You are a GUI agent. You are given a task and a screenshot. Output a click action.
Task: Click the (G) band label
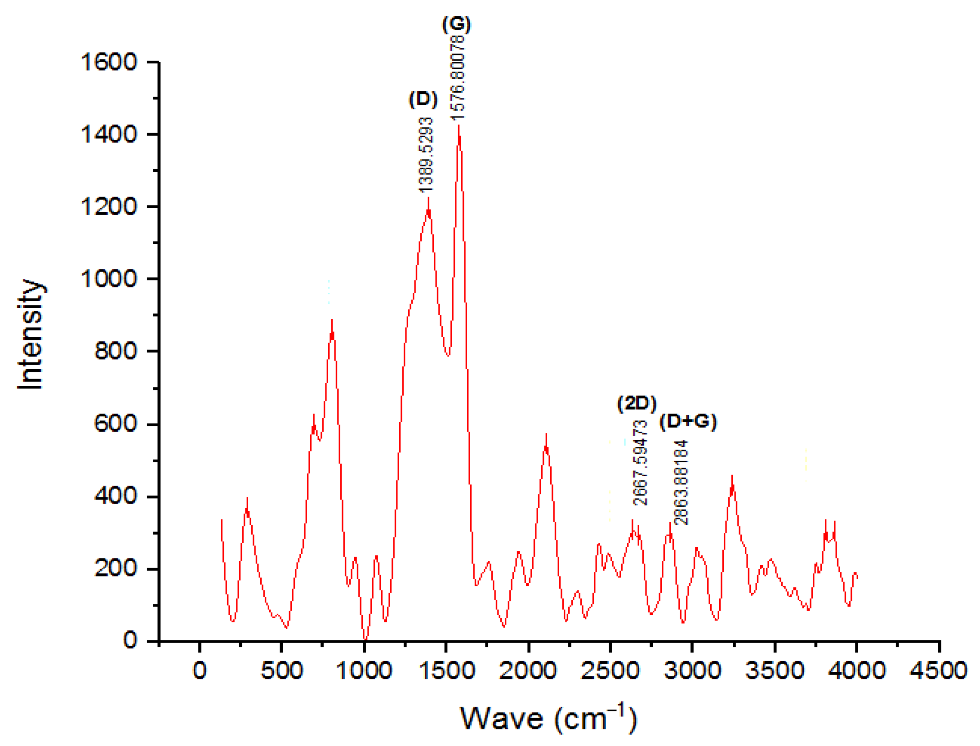pyautogui.click(x=456, y=24)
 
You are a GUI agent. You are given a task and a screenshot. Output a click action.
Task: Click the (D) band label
pyautogui.click(x=423, y=99)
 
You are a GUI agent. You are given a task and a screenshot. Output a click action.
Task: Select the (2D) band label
pyautogui.click(x=636, y=403)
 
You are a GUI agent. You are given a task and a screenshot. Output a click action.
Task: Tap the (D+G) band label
pyautogui.click(x=687, y=421)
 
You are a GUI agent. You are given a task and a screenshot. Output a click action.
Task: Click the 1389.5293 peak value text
pyautogui.click(x=425, y=155)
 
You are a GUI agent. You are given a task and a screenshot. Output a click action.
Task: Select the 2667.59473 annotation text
pyautogui.click(x=640, y=463)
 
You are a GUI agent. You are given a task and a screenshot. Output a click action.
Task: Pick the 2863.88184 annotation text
pyautogui.click(x=681, y=482)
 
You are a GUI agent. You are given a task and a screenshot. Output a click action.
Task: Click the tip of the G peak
pyautogui.click(x=459, y=126)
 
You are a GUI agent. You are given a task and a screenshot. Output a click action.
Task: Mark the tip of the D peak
pyautogui.click(x=428, y=198)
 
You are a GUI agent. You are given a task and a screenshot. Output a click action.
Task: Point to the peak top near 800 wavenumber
pyautogui.click(x=332, y=321)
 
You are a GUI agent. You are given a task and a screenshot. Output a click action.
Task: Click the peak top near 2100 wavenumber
pyautogui.click(x=546, y=435)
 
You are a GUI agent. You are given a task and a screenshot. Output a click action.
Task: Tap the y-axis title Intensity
pyautogui.click(x=31, y=334)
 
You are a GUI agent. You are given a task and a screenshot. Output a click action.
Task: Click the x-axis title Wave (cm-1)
pyautogui.click(x=548, y=718)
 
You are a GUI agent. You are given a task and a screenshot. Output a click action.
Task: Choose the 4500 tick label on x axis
pyautogui.click(x=938, y=670)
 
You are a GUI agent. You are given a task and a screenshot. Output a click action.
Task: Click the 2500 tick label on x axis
pyautogui.click(x=610, y=670)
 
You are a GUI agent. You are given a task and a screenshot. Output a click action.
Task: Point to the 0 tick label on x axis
pyautogui.click(x=200, y=670)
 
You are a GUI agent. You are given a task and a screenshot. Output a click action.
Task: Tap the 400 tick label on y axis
pyautogui.click(x=115, y=496)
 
